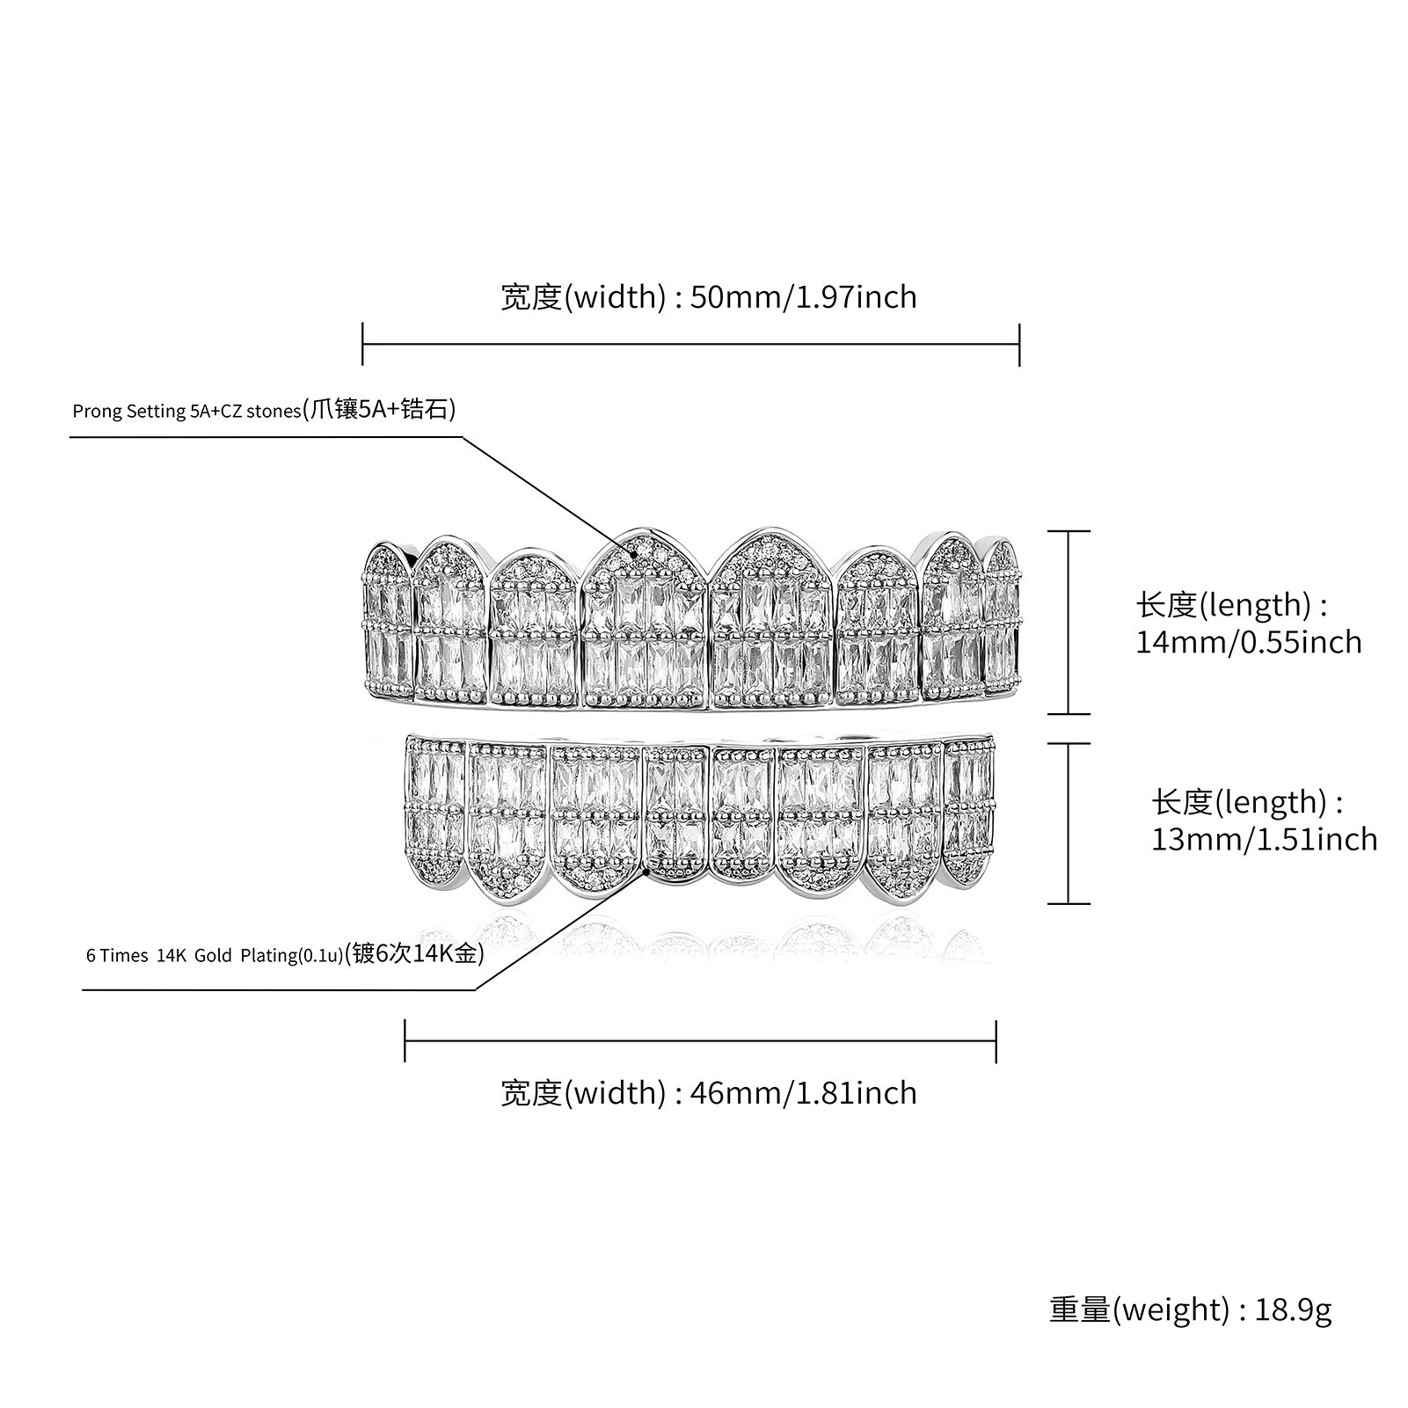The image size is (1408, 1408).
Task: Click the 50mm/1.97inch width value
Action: click(803, 297)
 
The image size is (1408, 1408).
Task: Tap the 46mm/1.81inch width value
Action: click(803, 1093)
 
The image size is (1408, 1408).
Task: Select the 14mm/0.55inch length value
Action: click(1249, 642)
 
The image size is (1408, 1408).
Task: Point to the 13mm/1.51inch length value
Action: click(1265, 839)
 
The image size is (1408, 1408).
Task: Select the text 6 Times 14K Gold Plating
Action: click(190, 955)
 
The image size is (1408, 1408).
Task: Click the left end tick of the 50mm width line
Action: click(362, 344)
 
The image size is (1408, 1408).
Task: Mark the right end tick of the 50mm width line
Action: click(1019, 344)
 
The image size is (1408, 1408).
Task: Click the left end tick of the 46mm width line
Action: click(405, 1041)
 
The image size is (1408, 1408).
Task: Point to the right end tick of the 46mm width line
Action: click(996, 1041)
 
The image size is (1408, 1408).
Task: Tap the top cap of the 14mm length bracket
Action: click(1069, 531)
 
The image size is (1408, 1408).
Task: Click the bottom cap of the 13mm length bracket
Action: click(1069, 903)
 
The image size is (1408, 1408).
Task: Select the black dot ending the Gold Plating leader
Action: click(647, 871)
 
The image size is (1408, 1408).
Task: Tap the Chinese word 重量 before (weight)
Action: click(1081, 1310)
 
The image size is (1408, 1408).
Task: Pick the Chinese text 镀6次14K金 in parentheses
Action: click(415, 953)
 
